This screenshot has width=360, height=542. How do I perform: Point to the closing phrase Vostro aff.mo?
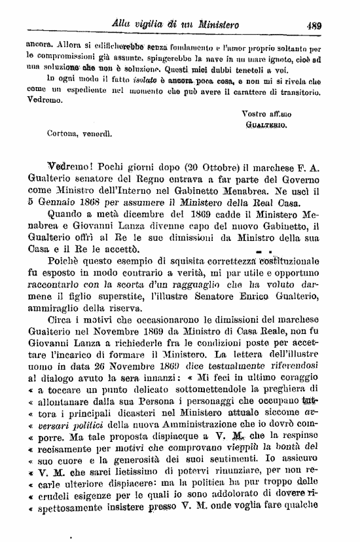(264, 113)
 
